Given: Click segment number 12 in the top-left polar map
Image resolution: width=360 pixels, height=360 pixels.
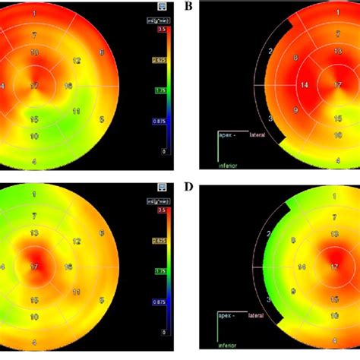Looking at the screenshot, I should (76, 60).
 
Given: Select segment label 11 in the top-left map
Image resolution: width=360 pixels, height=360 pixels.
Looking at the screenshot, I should (76, 112).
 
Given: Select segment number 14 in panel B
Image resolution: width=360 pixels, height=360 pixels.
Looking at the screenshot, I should (303, 85).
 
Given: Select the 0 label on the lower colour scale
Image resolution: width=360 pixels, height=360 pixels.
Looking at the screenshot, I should (165, 332).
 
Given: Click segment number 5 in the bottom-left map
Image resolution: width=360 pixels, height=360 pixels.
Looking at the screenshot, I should (101, 300).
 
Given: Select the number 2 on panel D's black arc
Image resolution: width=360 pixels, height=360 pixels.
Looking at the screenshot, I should (268, 232).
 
